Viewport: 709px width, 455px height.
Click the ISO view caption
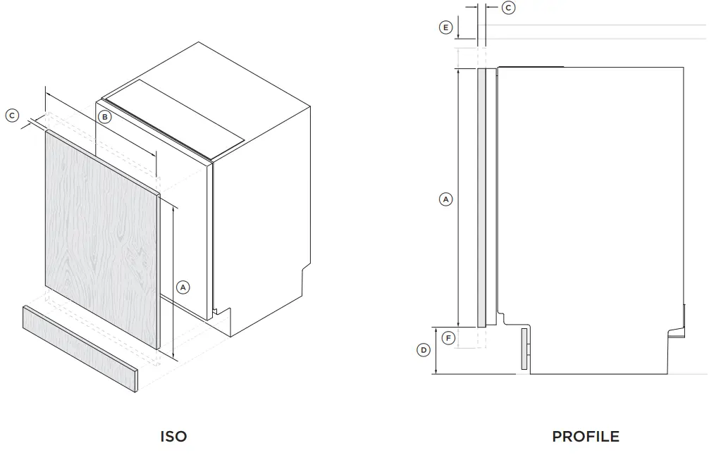[173, 437]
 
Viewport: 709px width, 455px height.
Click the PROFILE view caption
[586, 437]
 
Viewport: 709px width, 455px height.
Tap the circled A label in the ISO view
[183, 287]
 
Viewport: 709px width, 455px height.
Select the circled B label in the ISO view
[104, 117]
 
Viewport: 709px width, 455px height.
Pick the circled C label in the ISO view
[12, 115]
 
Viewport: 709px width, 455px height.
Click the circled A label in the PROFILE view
[445, 199]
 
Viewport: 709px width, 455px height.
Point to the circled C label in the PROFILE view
[508, 8]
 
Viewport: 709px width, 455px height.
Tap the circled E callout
[445, 27]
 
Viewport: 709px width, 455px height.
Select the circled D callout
[424, 350]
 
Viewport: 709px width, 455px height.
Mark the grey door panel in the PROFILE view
[482, 197]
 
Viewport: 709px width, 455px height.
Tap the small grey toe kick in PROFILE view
[524, 349]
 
